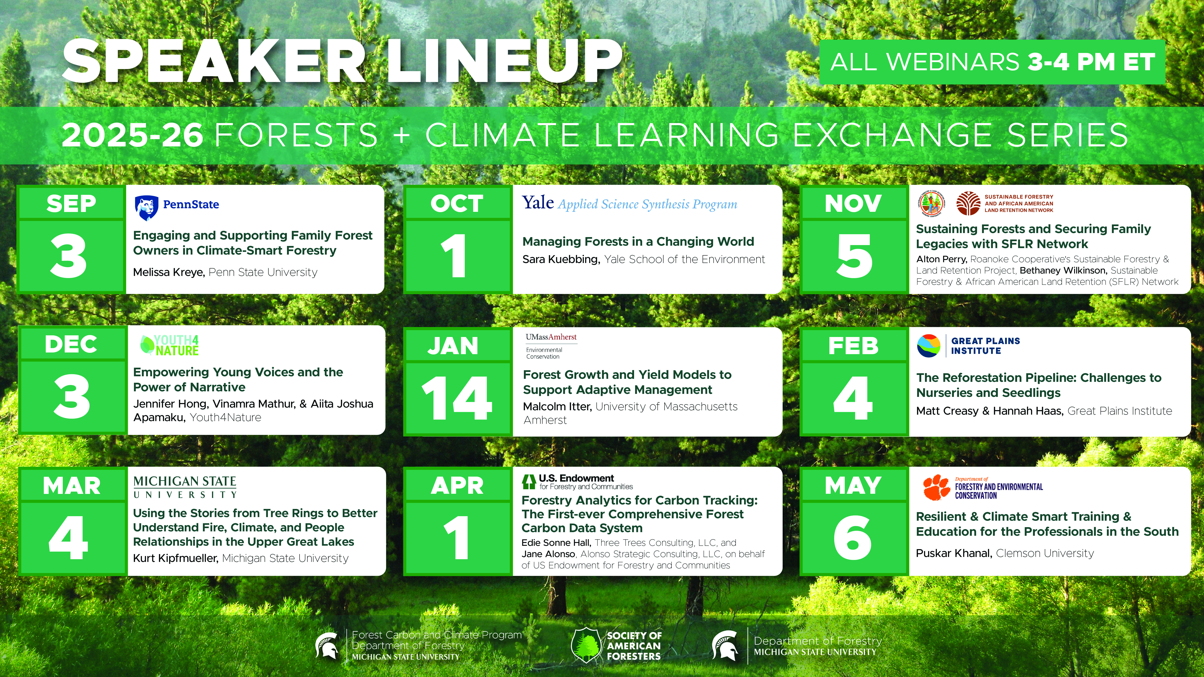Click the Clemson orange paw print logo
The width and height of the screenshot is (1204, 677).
point(936,487)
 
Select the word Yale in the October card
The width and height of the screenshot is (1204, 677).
point(538,203)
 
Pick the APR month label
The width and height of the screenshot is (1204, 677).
point(457,485)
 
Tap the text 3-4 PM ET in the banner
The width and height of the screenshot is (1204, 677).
point(1091,62)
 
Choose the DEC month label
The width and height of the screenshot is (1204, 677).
point(71,344)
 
